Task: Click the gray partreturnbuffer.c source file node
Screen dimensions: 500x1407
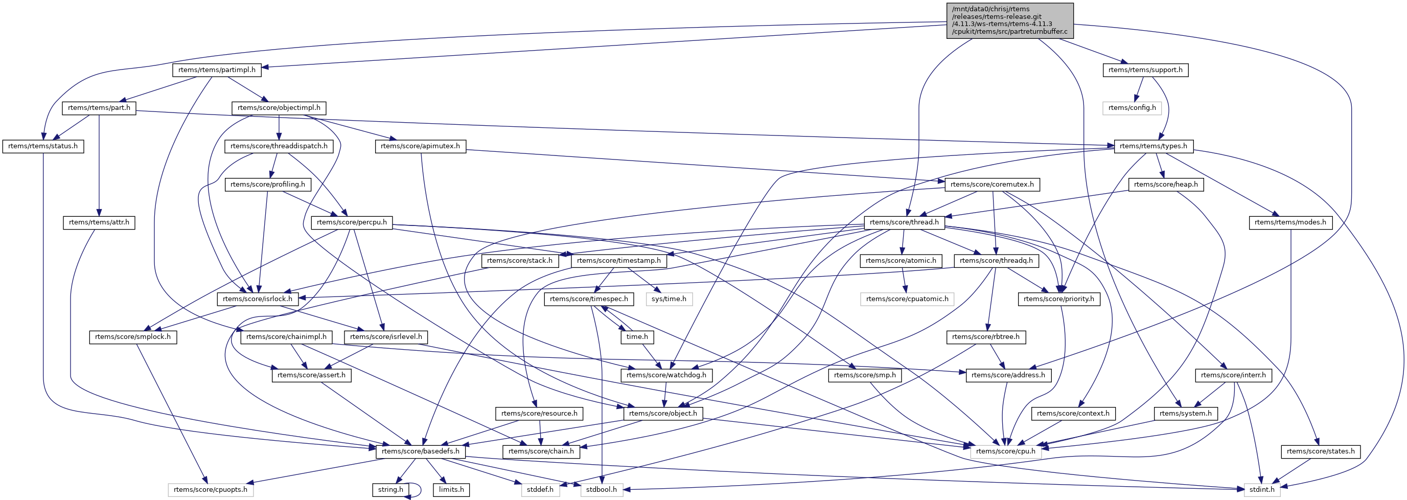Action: (x=1009, y=20)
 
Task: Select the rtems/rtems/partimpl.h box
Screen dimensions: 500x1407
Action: (x=216, y=70)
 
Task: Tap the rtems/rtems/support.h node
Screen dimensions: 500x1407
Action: (x=1145, y=70)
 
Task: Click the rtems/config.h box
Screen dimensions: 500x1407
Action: (x=1132, y=108)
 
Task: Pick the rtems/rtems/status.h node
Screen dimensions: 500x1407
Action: (x=42, y=146)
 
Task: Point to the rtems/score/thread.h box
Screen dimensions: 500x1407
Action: (x=904, y=222)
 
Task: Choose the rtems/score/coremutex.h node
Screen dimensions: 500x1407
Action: (x=991, y=184)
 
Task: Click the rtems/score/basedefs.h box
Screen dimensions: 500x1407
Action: (x=420, y=451)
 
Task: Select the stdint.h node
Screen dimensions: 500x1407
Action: (x=1262, y=490)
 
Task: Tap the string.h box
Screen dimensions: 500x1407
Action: (x=390, y=490)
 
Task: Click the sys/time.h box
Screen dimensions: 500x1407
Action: (x=668, y=299)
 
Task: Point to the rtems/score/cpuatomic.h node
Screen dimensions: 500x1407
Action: (x=907, y=299)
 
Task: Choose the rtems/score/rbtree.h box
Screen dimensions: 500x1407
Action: (x=985, y=336)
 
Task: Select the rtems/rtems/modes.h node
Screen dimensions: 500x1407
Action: (x=1290, y=222)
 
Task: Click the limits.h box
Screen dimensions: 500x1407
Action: (x=451, y=490)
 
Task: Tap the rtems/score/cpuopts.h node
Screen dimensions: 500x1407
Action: (x=210, y=490)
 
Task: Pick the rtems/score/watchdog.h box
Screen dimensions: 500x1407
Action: (x=666, y=375)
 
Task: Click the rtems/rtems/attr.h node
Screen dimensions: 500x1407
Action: (x=99, y=222)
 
